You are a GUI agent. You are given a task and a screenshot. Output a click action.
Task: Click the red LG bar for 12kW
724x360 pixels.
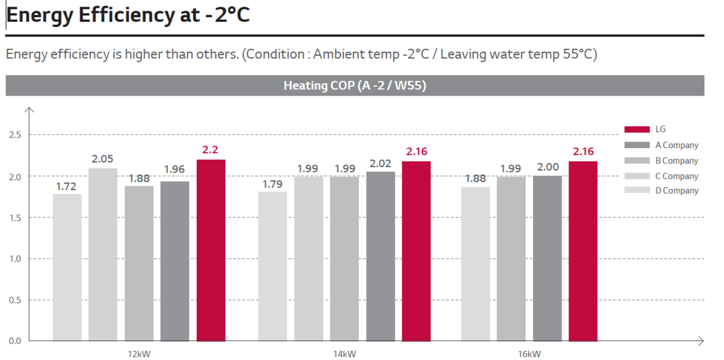pos(211,250)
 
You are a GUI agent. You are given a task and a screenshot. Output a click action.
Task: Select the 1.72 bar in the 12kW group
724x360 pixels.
pos(67,267)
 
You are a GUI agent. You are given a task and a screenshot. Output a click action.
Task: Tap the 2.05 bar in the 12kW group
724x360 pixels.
pos(103,254)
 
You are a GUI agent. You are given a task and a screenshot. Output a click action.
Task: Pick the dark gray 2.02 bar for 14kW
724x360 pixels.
pos(380,256)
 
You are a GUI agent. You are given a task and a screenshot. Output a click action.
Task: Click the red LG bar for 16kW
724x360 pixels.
pos(583,251)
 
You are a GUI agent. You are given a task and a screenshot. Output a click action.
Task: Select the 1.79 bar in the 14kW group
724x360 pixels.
pos(272,266)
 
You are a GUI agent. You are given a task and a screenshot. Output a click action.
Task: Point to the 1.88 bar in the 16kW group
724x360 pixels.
pos(475,264)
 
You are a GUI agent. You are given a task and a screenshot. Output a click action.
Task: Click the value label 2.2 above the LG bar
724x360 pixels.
pos(211,150)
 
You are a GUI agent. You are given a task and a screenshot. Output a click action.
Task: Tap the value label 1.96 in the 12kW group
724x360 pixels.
pos(174,170)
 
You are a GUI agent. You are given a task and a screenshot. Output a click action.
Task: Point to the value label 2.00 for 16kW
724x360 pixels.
pos(548,168)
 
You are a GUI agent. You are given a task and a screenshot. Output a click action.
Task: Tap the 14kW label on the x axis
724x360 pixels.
pos(344,354)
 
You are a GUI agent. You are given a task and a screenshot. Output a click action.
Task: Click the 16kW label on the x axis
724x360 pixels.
pos(529,354)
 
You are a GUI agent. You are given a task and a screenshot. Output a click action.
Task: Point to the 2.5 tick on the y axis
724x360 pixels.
pos(14,135)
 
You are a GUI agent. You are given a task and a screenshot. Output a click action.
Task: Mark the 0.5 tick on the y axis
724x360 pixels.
pos(14,300)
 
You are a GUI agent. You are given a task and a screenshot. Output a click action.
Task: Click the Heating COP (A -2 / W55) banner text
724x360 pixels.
pos(355,86)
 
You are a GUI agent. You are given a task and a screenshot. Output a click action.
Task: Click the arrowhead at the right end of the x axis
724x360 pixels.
pos(701,341)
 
